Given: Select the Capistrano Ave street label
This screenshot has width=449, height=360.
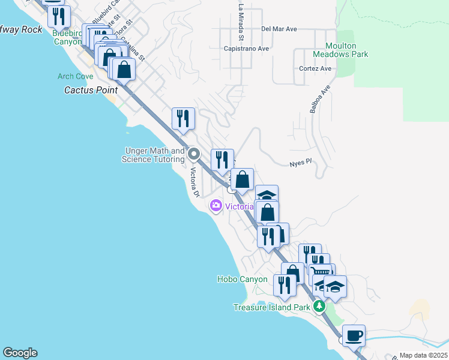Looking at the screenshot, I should point(246,49).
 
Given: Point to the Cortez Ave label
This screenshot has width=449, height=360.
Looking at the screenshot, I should point(315,68).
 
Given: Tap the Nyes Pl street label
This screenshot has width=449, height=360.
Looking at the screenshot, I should point(301,162).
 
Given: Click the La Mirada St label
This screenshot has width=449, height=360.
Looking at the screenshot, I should point(241,17).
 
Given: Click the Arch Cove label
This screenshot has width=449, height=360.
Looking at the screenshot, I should point(75,76).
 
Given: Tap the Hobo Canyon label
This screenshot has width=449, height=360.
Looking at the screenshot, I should point(242,280).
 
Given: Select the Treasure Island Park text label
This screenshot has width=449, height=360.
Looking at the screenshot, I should point(272,307).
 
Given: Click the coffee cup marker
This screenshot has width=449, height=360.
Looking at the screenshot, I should point(354,335).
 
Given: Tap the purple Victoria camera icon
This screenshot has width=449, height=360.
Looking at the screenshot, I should point(215,206).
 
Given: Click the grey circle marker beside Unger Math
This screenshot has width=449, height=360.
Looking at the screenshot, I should point(194,155).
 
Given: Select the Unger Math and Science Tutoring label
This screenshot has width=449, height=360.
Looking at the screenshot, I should point(153,155).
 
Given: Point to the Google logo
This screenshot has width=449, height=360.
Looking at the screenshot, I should point(20,353).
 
